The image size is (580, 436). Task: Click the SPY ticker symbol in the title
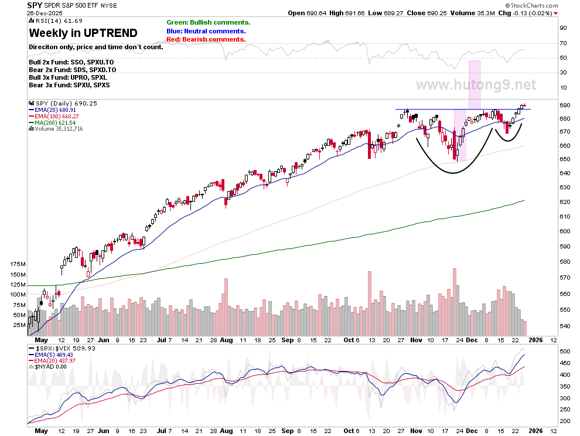point(35,5)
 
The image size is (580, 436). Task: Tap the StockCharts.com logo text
point(532,5)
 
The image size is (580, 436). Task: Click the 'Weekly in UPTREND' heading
point(83,33)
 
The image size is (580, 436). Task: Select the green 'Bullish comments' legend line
point(209,23)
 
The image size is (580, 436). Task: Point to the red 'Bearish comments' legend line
point(206,40)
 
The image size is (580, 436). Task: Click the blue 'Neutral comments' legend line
point(206,32)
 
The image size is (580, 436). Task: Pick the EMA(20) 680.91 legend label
point(53,110)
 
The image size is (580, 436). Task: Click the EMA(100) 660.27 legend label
point(54,116)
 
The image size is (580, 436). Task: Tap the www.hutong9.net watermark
point(476,85)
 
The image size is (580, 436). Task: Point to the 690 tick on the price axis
point(565,105)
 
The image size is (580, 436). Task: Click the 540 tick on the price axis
point(565,326)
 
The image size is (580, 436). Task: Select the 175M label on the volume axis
point(18,264)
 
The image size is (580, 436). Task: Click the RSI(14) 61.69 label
point(56,21)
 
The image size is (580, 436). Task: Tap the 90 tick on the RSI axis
point(564,28)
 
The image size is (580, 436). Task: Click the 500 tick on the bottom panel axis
point(565,351)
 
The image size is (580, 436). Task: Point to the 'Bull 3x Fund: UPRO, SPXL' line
point(68,77)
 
